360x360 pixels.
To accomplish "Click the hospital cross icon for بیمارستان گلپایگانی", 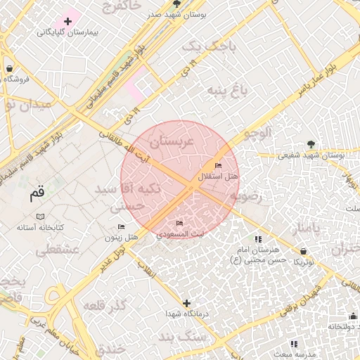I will pos(67,22).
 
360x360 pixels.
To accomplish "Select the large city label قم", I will pos(37,193).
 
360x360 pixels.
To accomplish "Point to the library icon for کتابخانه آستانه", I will pos(41,216).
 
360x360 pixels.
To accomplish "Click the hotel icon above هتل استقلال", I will pos(218,165).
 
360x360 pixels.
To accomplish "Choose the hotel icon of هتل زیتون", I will pos(121,226).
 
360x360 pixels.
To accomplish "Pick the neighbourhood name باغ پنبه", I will pos(228,91).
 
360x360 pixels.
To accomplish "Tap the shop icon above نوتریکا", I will pos(303,251).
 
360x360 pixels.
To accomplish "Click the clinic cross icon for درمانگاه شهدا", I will pos(186,303).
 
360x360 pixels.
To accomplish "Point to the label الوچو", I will pos(256,131).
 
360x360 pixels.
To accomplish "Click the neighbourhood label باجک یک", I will pos(201,47).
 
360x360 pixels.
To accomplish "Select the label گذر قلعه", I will pos(105,306).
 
